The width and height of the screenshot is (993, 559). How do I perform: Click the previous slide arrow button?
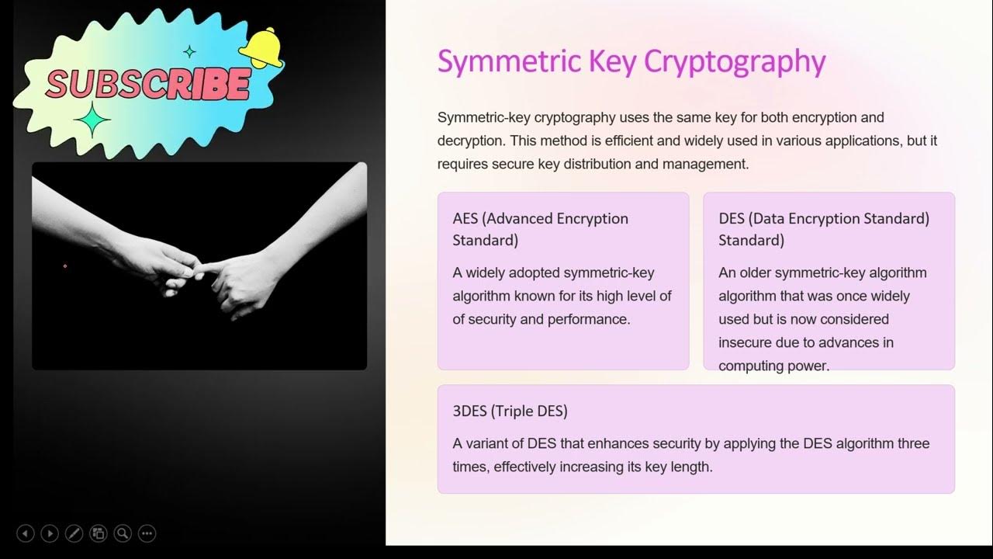click(26, 533)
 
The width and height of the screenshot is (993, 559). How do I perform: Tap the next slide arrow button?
click(50, 533)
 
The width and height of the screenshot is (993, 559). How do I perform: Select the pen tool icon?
click(74, 533)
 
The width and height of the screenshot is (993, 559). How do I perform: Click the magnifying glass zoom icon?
click(123, 533)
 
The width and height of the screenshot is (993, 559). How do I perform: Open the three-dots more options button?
click(147, 533)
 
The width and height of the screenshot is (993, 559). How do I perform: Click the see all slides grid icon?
click(99, 533)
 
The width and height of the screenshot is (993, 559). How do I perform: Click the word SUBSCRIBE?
click(147, 84)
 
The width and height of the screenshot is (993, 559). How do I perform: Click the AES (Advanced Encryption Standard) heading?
click(540, 228)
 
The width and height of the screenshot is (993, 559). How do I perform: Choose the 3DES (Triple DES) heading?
click(510, 411)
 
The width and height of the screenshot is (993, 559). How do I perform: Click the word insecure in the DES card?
click(745, 342)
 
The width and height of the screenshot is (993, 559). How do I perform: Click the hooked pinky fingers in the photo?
click(203, 269)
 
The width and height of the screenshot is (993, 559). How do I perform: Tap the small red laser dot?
click(65, 266)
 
